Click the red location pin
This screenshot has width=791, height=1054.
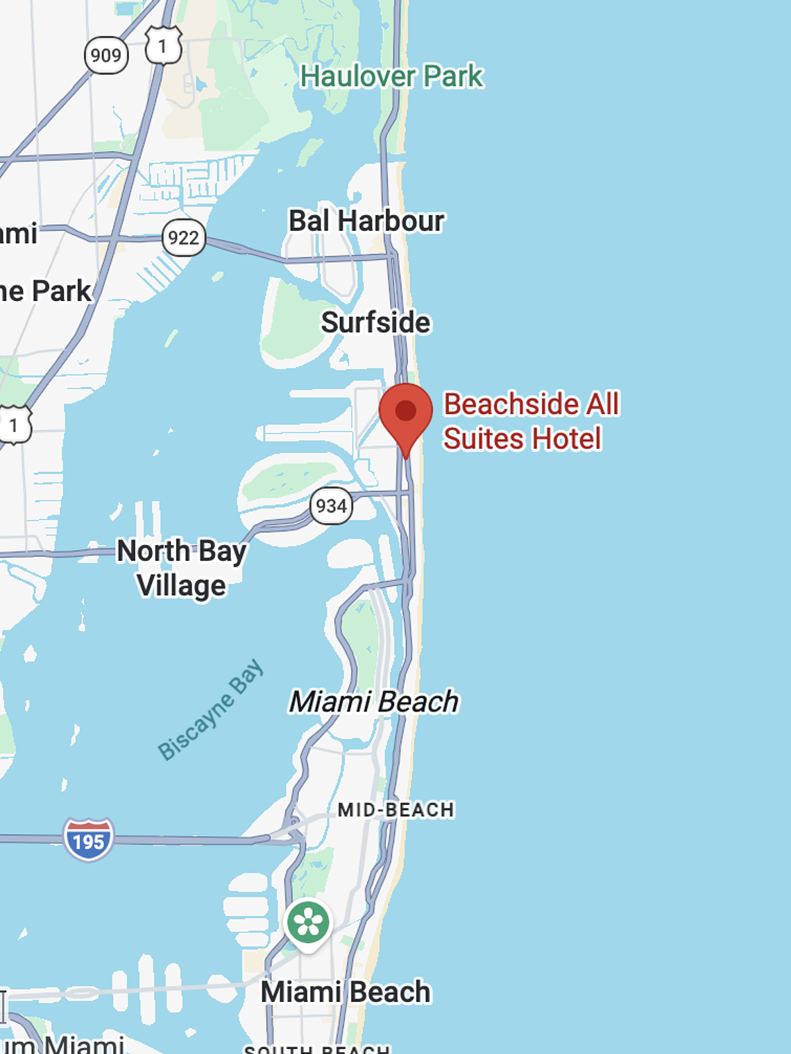[406, 413]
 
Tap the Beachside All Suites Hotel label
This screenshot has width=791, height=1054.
[531, 421]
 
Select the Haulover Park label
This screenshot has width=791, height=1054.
[391, 76]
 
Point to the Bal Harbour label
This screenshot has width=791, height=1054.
[366, 221]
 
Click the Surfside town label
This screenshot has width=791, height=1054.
[375, 322]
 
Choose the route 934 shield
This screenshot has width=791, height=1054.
[331, 506]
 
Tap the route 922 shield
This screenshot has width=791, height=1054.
[183, 238]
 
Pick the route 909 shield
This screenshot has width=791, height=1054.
[106, 55]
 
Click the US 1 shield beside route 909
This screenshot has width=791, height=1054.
[163, 46]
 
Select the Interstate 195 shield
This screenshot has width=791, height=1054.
[88, 840]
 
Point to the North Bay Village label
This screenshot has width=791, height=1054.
[182, 568]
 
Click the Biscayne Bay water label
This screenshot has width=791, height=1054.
[211, 709]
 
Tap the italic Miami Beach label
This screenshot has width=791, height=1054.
[374, 702]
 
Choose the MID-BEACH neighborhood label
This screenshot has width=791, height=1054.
[395, 810]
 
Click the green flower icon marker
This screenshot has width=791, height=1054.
[308, 922]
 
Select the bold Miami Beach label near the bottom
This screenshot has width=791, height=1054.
[346, 992]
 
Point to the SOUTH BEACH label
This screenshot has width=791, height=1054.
[317, 1048]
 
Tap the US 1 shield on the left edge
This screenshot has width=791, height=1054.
[14, 425]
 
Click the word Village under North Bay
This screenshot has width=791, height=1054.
[182, 585]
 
